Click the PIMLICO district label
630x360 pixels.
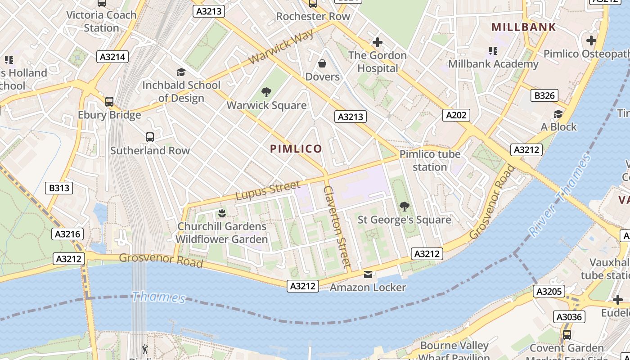296,149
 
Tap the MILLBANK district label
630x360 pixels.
523,27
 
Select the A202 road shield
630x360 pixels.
456,115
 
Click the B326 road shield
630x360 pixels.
544,95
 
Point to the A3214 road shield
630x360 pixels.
112,57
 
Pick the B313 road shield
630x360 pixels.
59,188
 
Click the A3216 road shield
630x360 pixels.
67,234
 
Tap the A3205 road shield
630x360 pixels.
549,292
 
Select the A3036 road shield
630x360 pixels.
569,317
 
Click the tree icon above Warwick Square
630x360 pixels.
266,93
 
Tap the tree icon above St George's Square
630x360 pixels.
404,207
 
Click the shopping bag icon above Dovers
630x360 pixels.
322,64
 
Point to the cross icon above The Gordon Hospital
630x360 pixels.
377,43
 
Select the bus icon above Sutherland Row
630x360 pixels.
150,137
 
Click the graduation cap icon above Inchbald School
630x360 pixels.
181,72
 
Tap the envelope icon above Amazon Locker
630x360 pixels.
368,274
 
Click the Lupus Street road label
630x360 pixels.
268,190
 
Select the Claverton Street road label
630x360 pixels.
337,227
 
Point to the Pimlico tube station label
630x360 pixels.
430,161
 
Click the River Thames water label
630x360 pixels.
560,196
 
